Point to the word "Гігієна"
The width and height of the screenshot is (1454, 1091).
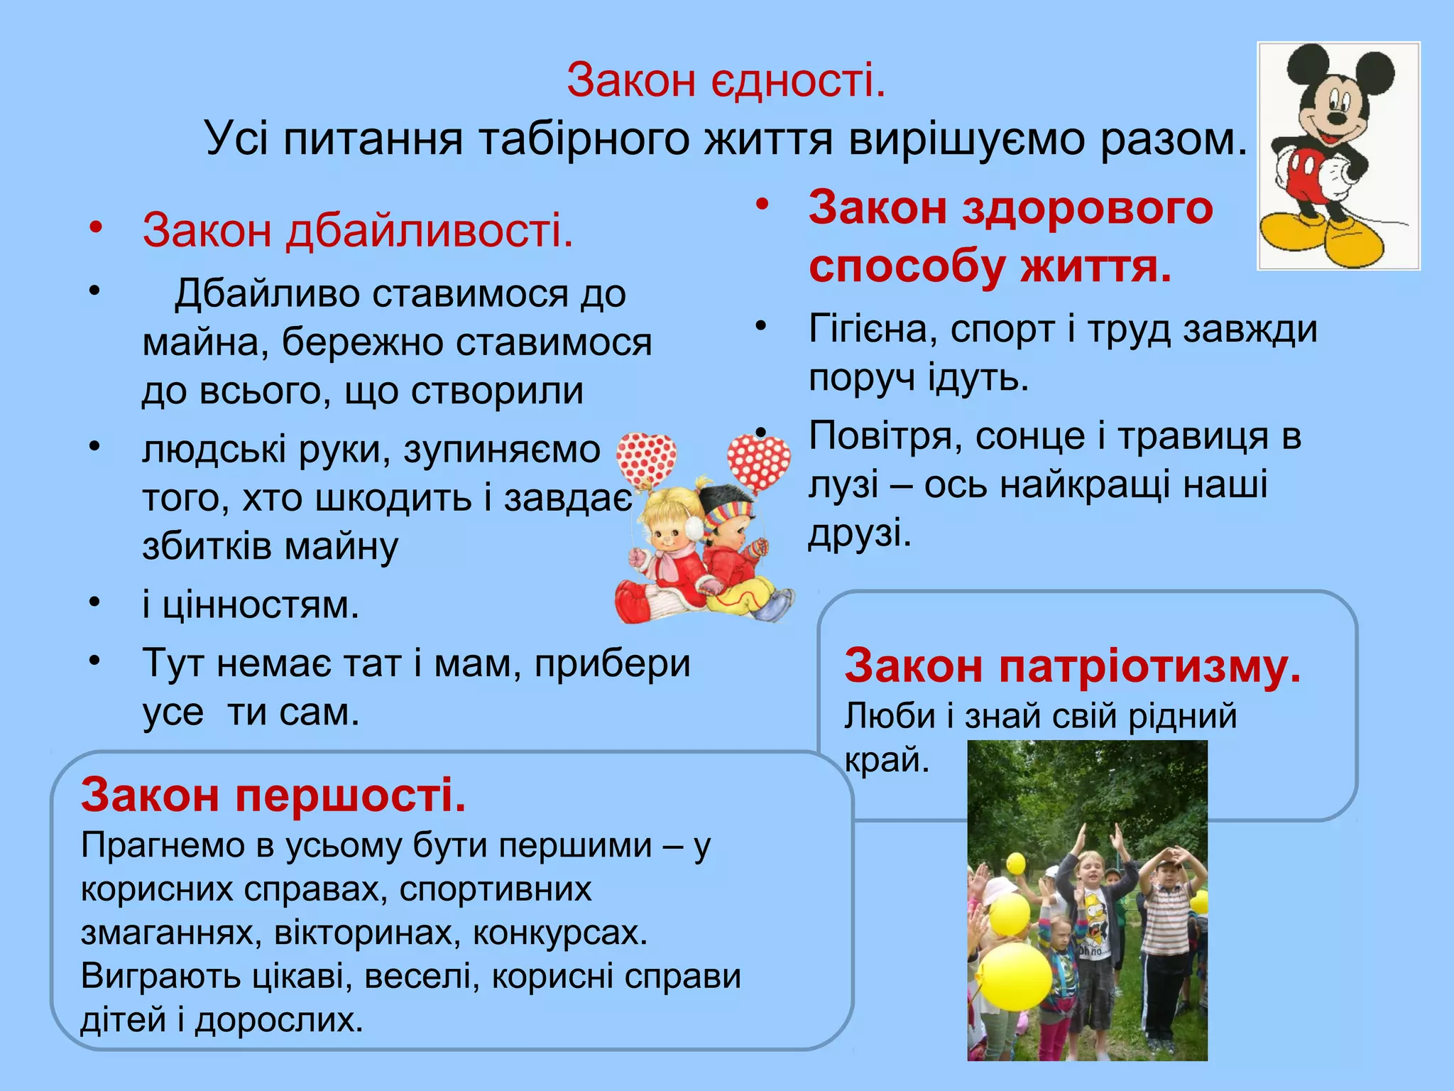tap(870, 330)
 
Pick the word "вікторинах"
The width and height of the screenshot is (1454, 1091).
tap(364, 933)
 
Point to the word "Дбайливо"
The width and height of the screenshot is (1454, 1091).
tap(265, 293)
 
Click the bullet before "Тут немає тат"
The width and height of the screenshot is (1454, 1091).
tap(94, 661)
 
